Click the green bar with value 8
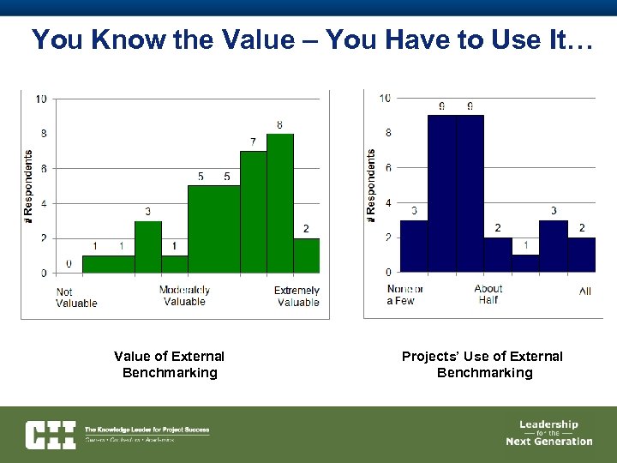pyautogui.click(x=280, y=203)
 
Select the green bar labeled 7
pyautogui.click(x=254, y=212)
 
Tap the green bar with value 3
pyautogui.click(x=148, y=247)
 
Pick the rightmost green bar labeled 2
pyautogui.click(x=306, y=256)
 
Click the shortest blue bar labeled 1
pyautogui.click(x=525, y=263)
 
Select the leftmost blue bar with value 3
pyautogui.click(x=414, y=246)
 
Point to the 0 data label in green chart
pyautogui.click(x=69, y=264)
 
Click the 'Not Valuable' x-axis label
pyautogui.click(x=76, y=297)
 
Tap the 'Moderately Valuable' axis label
pyautogui.click(x=184, y=296)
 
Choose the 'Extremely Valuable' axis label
pyautogui.click(x=297, y=296)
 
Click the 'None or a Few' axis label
pyautogui.click(x=404, y=295)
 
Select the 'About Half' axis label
pyautogui.click(x=488, y=295)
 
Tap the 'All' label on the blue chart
pyautogui.click(x=584, y=292)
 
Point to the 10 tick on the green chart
pyautogui.click(x=40, y=99)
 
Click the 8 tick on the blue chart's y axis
pyautogui.click(x=387, y=133)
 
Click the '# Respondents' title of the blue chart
pyautogui.click(x=371, y=187)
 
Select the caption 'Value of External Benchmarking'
pyautogui.click(x=170, y=364)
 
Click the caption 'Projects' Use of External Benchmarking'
pyautogui.click(x=484, y=364)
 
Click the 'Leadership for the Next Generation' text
pyautogui.click(x=548, y=433)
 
